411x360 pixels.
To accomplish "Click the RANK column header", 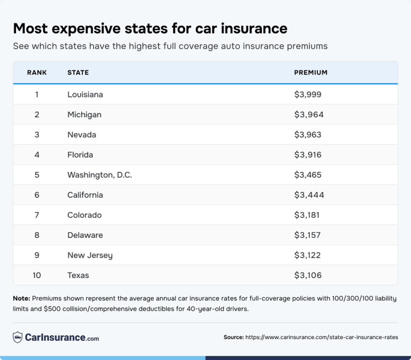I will click(x=37, y=72).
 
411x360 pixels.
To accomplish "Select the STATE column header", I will click(x=78, y=72).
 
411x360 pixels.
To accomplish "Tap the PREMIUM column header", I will click(x=310, y=72).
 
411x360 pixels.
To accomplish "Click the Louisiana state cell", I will click(x=85, y=95).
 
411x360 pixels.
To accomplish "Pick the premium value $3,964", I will click(x=309, y=115).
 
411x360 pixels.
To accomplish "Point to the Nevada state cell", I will click(x=81, y=134).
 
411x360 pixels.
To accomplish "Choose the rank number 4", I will click(x=37, y=155).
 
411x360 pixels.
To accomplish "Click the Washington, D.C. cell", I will click(x=100, y=175).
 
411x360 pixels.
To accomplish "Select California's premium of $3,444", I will click(x=309, y=195).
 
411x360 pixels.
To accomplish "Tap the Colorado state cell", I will click(x=84, y=215).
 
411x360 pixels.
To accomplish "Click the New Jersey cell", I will click(x=90, y=256).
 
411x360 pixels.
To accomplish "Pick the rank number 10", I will click(x=37, y=275).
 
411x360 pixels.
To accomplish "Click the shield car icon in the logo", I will click(x=18, y=337).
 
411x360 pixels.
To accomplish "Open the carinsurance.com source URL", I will click(x=322, y=337).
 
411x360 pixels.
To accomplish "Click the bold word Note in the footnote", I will click(x=21, y=298).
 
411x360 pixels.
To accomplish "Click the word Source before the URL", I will click(x=233, y=337).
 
